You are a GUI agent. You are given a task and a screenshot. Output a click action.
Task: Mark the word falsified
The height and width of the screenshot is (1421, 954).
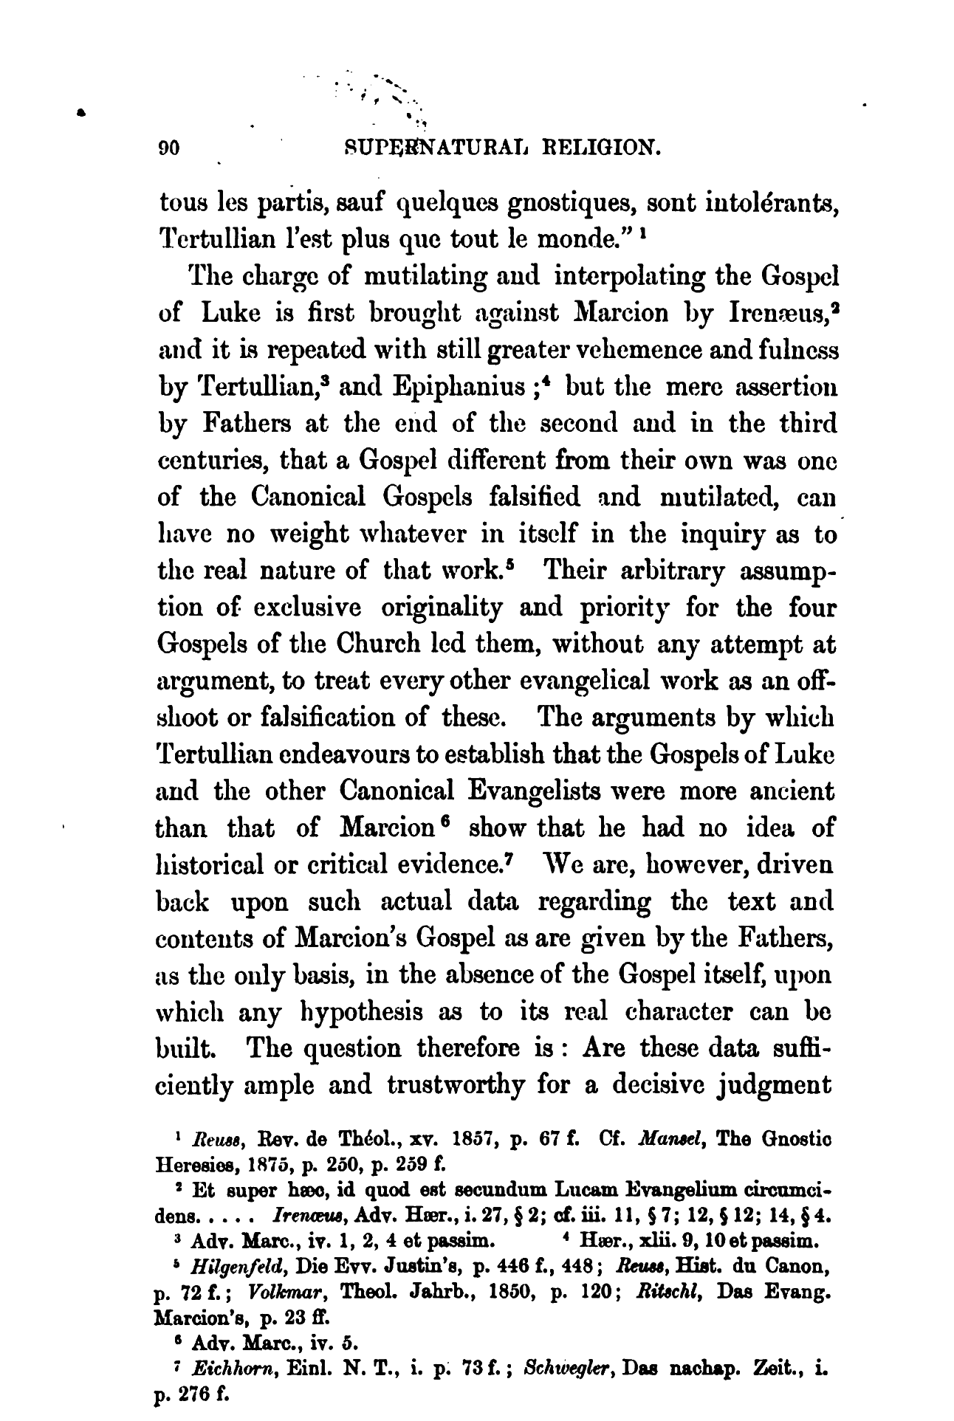[x=538, y=497]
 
